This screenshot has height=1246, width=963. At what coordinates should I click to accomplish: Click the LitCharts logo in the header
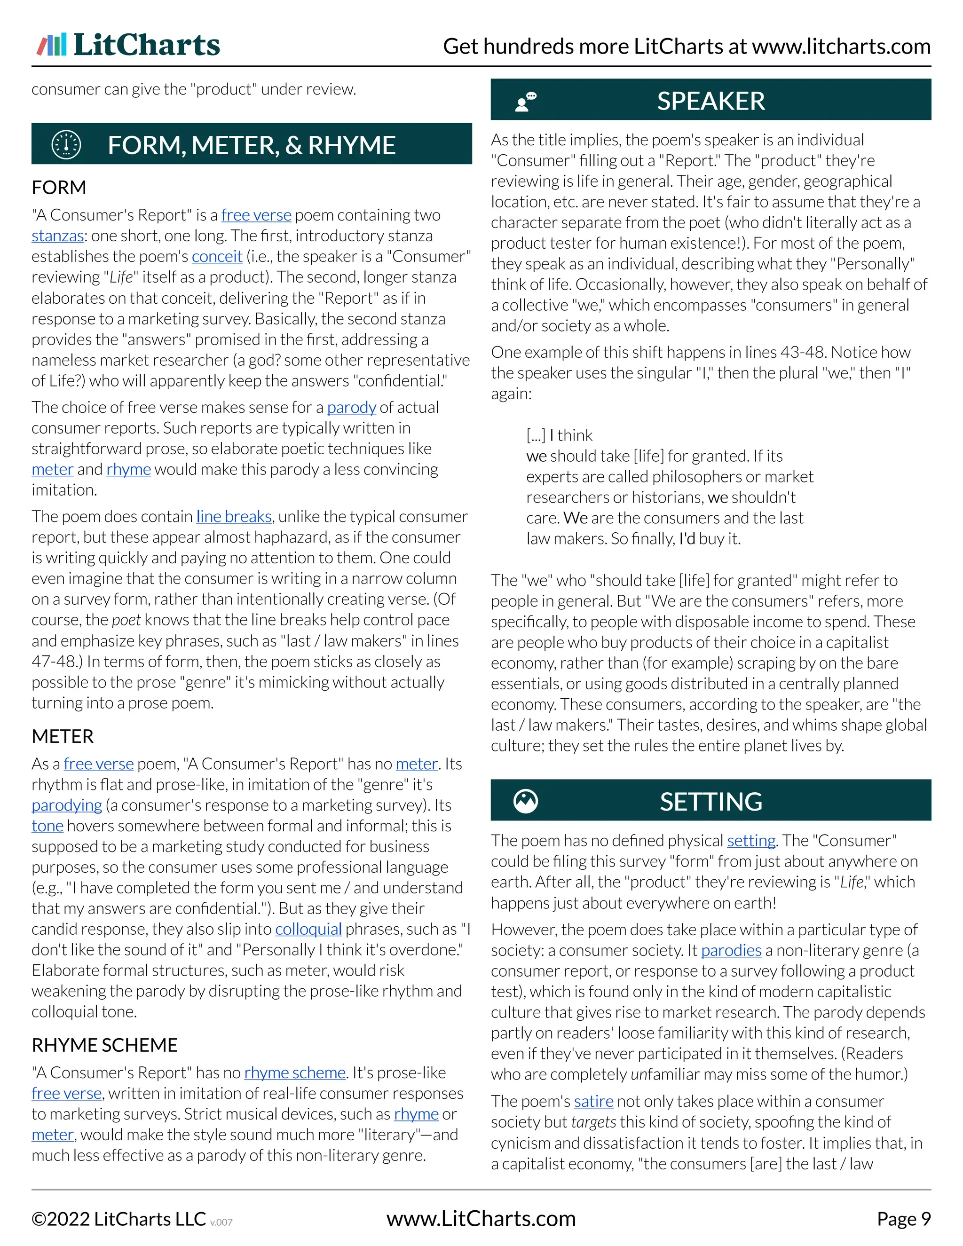(x=128, y=45)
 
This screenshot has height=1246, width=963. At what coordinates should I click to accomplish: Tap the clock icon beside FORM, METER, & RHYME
(x=66, y=144)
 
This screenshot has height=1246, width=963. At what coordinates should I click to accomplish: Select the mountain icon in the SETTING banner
(x=525, y=801)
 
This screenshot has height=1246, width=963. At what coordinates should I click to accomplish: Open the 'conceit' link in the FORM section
(x=217, y=256)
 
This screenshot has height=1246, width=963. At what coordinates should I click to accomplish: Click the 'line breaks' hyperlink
(x=234, y=516)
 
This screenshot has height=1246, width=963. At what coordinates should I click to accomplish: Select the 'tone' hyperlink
(x=47, y=826)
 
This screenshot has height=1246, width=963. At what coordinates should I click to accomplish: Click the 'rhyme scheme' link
(x=295, y=1073)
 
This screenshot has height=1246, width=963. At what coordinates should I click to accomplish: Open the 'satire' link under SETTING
(x=593, y=1101)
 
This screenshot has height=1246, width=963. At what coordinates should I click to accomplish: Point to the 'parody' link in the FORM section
(x=351, y=407)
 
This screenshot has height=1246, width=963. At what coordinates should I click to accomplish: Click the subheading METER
(x=63, y=736)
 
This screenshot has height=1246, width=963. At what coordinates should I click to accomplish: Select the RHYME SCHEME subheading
(x=105, y=1045)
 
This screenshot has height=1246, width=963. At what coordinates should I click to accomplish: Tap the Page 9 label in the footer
(x=904, y=1219)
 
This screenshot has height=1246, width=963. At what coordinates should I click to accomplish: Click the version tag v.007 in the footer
(x=221, y=1222)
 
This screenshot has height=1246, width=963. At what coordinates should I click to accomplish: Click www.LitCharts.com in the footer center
(x=481, y=1219)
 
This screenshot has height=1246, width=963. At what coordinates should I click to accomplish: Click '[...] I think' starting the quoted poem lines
(x=559, y=435)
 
